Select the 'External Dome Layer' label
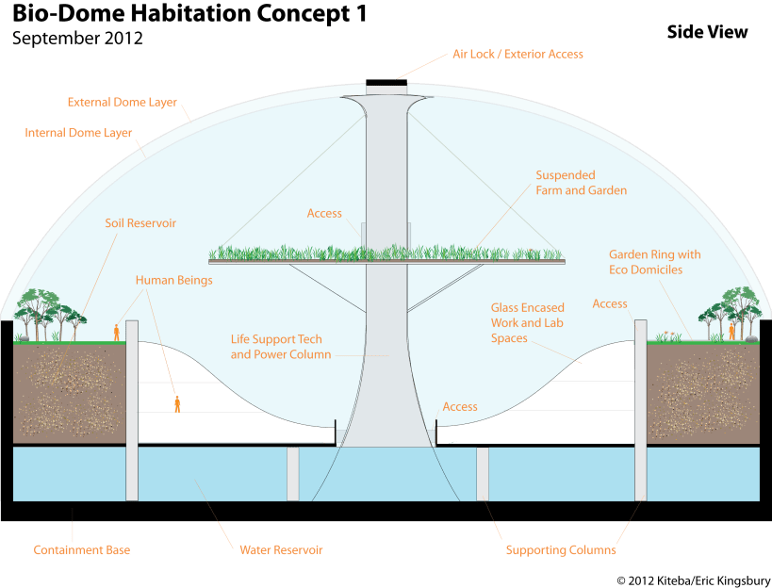[x=123, y=102]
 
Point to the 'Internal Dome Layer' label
[x=78, y=133]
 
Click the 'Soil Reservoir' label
[x=141, y=223]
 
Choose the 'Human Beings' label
[x=174, y=280]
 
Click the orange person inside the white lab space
[x=177, y=404]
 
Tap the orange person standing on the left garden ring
[x=117, y=332]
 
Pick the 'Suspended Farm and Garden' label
[x=582, y=183]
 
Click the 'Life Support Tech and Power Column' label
[x=281, y=347]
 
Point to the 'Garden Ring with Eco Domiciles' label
[x=656, y=262]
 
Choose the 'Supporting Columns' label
[x=561, y=549]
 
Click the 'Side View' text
[x=707, y=32]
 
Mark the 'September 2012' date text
[x=78, y=40]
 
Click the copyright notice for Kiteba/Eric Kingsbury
[x=693, y=579]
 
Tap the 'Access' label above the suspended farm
[x=325, y=214]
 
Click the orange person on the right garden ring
[x=731, y=331]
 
